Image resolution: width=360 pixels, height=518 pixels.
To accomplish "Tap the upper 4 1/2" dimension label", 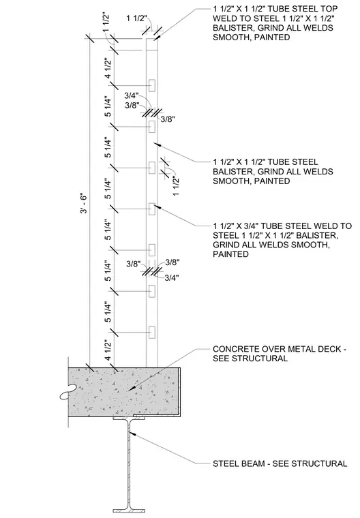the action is coord(108,68).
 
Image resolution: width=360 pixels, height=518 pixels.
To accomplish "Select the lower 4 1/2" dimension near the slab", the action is coord(108,350).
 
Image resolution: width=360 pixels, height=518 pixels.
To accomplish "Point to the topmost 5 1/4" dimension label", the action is coord(108,106).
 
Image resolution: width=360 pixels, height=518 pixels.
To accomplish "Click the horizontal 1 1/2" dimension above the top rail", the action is coord(136,18).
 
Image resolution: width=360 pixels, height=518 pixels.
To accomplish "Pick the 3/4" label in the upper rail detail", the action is coord(131,96).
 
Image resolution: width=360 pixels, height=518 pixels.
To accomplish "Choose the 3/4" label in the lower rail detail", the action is coord(172,278).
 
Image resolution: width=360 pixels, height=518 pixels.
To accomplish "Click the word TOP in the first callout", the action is coord(329,9).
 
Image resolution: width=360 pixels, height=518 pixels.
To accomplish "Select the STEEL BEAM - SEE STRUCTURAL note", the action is coord(280,463).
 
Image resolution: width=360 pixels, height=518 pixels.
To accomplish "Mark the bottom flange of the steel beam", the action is coord(130,511).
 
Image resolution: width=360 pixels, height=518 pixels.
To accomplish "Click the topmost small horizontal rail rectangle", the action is coord(152,85).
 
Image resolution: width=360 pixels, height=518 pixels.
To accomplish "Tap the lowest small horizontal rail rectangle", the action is coord(152,333).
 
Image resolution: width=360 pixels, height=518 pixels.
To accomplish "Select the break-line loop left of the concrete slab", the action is coord(67,392).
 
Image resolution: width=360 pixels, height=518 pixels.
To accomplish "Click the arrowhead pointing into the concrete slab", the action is coord(131,390).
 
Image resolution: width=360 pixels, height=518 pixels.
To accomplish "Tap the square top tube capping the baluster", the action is coord(152,44).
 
